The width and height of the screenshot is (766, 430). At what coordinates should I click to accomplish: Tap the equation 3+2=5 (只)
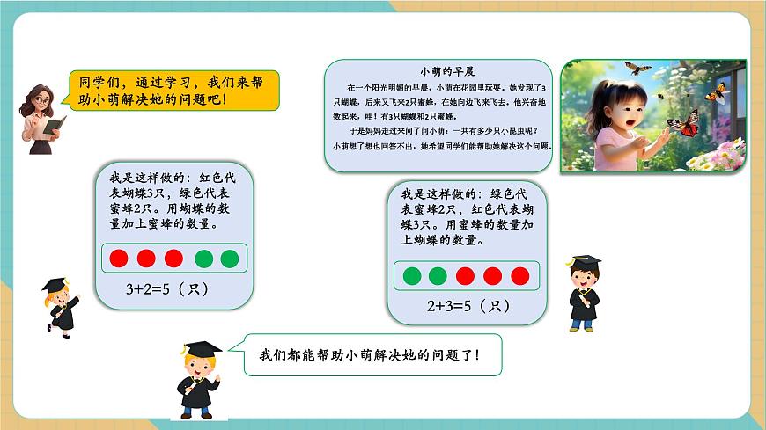[168, 289]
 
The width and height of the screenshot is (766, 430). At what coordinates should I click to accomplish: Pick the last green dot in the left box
[230, 259]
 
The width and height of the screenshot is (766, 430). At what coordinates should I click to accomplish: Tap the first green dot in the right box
[411, 276]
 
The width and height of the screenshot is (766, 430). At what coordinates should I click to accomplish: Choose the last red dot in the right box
[520, 276]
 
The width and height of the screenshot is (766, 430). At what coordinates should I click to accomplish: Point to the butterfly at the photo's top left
[637, 67]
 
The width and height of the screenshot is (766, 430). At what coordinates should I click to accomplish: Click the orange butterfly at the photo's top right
[718, 91]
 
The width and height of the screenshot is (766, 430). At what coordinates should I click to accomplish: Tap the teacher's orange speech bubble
[173, 91]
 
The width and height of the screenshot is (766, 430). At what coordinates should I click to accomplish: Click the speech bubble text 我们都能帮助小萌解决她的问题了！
[370, 355]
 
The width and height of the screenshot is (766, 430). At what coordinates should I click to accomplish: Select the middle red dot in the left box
[147, 259]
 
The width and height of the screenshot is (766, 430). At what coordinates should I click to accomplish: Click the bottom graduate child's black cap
[202, 349]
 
